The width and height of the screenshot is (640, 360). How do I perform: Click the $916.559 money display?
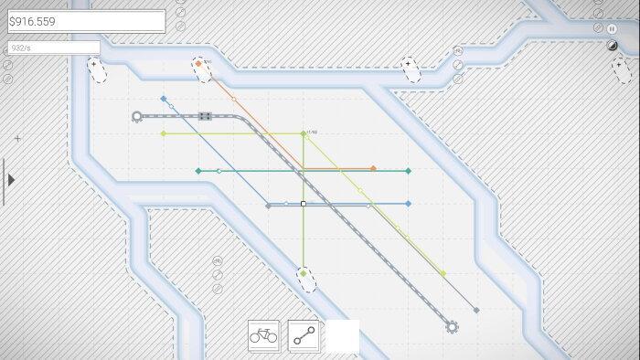click(86, 21)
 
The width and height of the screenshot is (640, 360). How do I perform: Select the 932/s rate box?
click(53, 47)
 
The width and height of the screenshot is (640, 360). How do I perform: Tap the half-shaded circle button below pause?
click(613, 46)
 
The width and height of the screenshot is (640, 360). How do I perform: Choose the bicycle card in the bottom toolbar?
click(263, 336)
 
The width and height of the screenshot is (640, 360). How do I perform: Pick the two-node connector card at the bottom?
click(304, 336)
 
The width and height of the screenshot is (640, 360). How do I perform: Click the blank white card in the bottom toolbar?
click(343, 336)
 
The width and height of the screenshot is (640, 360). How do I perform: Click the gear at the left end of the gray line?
click(137, 116)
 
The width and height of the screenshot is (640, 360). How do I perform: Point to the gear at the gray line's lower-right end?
click(452, 325)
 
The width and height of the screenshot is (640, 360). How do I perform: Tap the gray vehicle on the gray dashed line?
click(205, 116)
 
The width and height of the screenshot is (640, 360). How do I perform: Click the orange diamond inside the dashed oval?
click(197, 64)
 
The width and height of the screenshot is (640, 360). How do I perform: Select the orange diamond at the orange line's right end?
click(373, 168)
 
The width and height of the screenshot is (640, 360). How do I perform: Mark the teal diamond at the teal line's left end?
click(198, 171)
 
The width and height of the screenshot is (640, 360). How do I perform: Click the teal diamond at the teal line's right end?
click(408, 171)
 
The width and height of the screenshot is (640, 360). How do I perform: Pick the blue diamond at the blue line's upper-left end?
click(164, 99)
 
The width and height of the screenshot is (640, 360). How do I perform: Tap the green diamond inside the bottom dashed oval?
click(304, 273)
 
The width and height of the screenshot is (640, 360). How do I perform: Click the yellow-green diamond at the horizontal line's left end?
click(164, 133)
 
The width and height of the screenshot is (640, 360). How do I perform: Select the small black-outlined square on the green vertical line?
click(304, 204)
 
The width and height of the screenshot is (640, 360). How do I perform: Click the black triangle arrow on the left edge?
click(11, 180)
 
